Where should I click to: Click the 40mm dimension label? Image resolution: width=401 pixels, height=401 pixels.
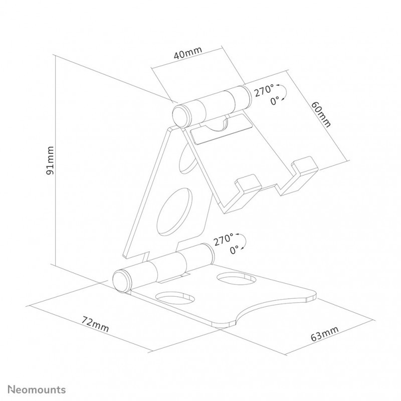[x=188, y=53]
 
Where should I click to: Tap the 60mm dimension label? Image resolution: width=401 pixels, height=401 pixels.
[x=321, y=114]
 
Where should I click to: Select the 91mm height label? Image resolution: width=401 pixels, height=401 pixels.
[x=50, y=160]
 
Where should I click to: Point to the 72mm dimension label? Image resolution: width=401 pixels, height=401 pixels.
[x=95, y=324]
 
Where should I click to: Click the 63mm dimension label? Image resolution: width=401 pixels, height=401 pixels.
[x=324, y=334]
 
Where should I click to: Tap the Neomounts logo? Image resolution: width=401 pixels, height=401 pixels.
[x=37, y=390]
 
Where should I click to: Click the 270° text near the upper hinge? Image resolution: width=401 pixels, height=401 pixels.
[x=264, y=91]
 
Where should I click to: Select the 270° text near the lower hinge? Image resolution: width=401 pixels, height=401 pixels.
[x=223, y=240]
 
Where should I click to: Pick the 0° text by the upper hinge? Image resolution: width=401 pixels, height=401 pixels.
[x=275, y=101]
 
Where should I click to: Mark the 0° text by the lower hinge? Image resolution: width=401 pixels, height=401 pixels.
[x=234, y=250]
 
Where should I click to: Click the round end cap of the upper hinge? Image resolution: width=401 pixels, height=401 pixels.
[x=181, y=116]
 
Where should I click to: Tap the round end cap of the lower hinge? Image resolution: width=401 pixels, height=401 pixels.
[x=122, y=282]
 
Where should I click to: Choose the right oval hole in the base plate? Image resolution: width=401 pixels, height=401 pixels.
[x=236, y=278]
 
